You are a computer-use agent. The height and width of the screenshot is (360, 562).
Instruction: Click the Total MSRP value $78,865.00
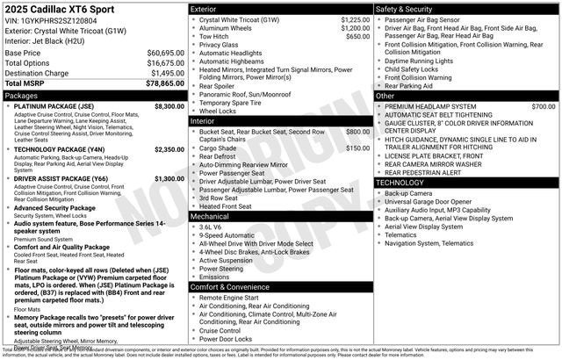coord(164,83)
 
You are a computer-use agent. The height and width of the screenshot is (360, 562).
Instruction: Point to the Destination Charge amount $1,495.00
coord(166,73)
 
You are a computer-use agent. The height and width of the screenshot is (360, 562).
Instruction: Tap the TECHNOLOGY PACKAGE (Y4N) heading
coord(61,149)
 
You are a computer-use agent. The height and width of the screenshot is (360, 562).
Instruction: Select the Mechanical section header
coord(211,215)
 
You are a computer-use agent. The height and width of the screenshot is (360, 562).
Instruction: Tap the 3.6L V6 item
coord(210,227)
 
